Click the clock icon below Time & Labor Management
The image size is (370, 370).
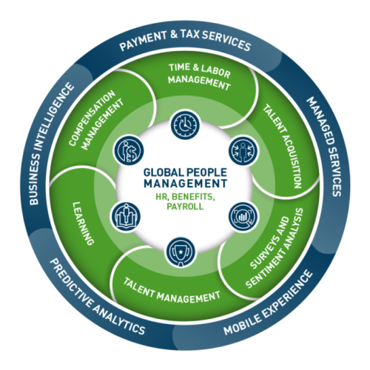point(186,124)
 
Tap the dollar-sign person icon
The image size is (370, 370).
point(129,150)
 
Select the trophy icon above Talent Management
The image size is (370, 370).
point(181,252)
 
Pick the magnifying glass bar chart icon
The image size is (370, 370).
point(243,217)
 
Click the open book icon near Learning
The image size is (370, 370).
point(126,217)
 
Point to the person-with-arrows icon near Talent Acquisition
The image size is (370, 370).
point(243,150)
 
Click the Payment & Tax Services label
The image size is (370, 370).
point(185,40)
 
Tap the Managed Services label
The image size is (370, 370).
point(325,147)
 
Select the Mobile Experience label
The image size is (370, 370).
point(268,303)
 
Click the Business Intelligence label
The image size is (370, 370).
point(51,144)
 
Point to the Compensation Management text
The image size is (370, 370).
point(96,120)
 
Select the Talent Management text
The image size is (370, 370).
point(172,290)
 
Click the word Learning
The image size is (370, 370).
point(83,223)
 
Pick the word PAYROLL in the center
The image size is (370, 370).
point(185,206)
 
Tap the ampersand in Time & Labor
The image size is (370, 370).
point(195,67)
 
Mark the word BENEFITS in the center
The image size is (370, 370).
point(192,197)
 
